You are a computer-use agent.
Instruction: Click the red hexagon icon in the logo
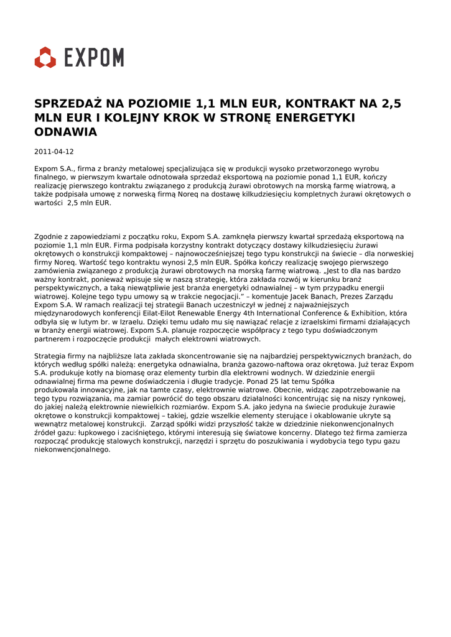tap(45, 57)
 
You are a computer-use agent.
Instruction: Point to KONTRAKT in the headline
tap(318, 103)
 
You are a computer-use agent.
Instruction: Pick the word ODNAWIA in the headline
tap(65, 132)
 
